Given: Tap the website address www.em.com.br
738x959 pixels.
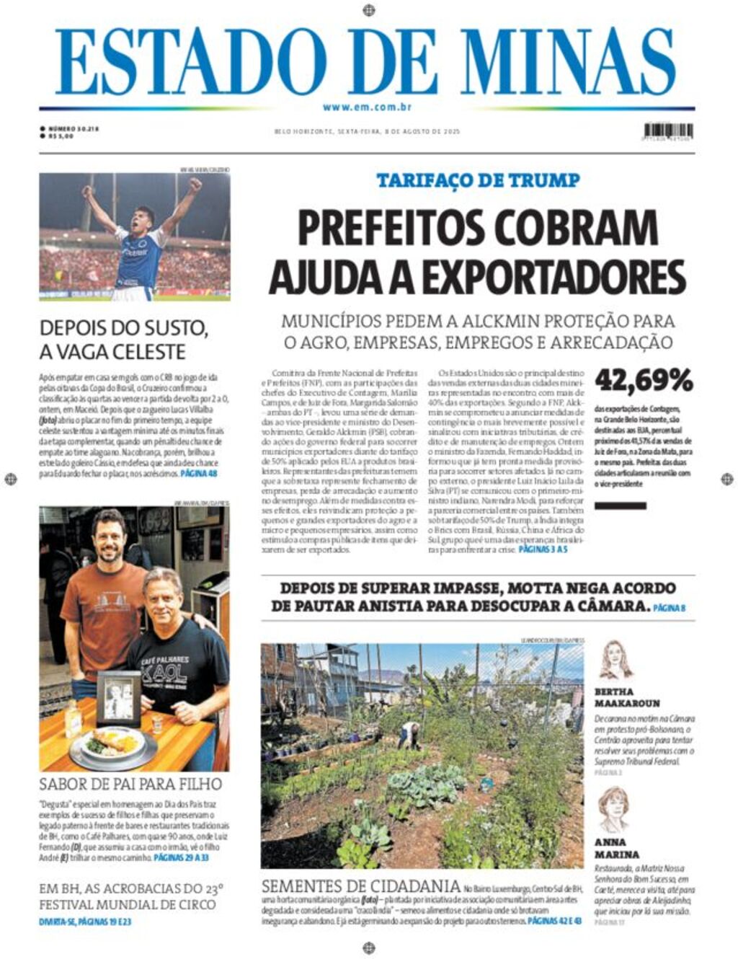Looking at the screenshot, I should [x=367, y=107].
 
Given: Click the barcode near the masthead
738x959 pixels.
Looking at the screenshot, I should [x=668, y=132].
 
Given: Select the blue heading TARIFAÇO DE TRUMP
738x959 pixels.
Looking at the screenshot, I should [x=478, y=180].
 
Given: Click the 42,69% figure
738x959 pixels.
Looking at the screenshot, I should [x=644, y=380].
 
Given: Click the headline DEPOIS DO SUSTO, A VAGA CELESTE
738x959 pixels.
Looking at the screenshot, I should [x=123, y=340].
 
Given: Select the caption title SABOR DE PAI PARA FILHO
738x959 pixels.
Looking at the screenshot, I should [x=130, y=784].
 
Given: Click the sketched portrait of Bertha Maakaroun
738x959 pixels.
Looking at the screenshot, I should [x=614, y=660].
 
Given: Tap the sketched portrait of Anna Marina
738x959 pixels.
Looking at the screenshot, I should [x=613, y=809].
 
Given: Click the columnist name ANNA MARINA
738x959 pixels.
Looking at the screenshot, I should [x=610, y=848].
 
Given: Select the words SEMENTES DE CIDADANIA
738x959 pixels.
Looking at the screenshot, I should [x=360, y=886].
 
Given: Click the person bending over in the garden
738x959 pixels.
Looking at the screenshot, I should [x=410, y=734].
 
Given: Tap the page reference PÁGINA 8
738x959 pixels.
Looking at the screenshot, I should [x=670, y=608].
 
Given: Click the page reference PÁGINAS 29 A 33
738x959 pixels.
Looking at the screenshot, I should [x=181, y=858].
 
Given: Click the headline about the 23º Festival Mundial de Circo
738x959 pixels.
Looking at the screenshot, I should [x=130, y=896].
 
